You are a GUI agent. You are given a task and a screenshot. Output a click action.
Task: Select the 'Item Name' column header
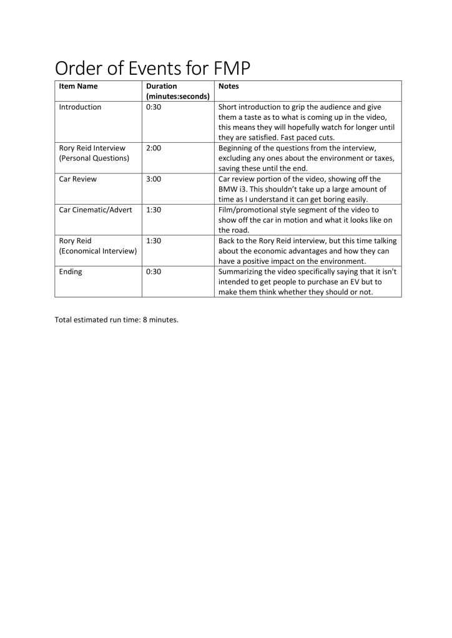click(x=78, y=86)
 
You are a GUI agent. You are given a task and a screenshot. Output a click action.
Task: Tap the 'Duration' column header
click(x=161, y=86)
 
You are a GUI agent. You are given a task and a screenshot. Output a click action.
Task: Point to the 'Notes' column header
click(x=228, y=86)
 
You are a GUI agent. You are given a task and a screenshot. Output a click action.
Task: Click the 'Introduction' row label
click(x=80, y=107)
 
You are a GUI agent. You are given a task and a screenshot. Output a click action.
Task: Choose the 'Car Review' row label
click(x=78, y=179)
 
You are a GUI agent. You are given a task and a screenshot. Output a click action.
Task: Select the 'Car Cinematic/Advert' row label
click(x=96, y=210)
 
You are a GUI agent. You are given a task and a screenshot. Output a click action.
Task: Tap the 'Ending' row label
click(x=71, y=271)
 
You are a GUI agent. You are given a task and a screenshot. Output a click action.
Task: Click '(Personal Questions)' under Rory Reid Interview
click(x=94, y=158)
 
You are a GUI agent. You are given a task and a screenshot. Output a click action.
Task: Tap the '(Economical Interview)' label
click(x=97, y=251)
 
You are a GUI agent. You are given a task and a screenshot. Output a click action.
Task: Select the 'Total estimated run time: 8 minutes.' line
click(x=117, y=321)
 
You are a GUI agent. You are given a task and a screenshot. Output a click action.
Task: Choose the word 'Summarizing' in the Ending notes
click(x=242, y=271)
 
